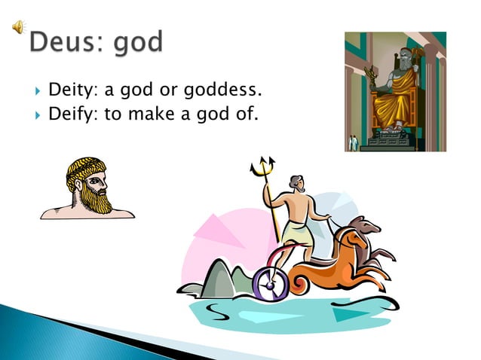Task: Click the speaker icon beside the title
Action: coord(16,29)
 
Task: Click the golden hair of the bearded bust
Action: coord(84,168)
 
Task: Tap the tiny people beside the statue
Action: coord(352,142)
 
